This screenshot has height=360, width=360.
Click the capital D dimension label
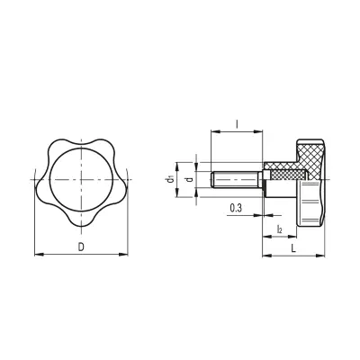point(81,246)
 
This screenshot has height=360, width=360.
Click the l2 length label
point(280,230)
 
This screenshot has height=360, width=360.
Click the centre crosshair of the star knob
point(81,179)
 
